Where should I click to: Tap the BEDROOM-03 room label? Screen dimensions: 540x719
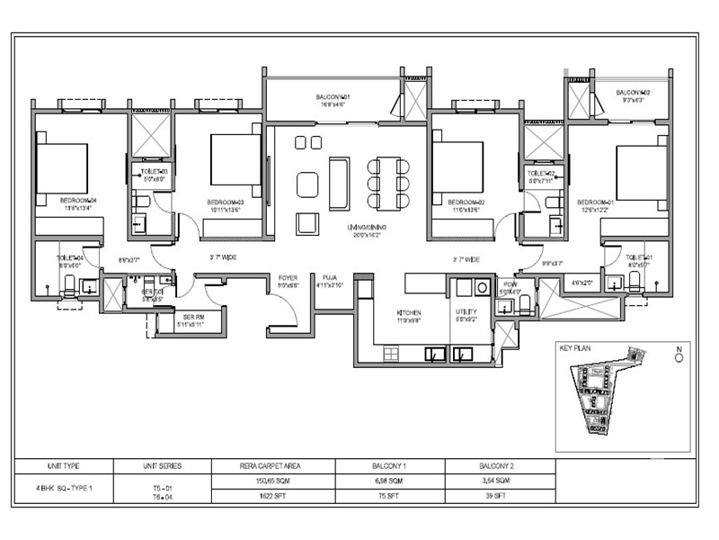(x=226, y=202)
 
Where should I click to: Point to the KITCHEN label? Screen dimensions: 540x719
(x=409, y=314)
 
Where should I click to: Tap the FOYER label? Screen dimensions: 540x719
(x=288, y=278)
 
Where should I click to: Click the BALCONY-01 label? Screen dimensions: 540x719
(x=332, y=96)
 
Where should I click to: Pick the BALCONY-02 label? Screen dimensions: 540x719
(x=633, y=93)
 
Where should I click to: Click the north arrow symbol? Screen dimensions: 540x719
(x=680, y=354)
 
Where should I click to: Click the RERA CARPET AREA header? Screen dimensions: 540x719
(x=273, y=466)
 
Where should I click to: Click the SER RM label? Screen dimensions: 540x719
(x=194, y=317)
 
